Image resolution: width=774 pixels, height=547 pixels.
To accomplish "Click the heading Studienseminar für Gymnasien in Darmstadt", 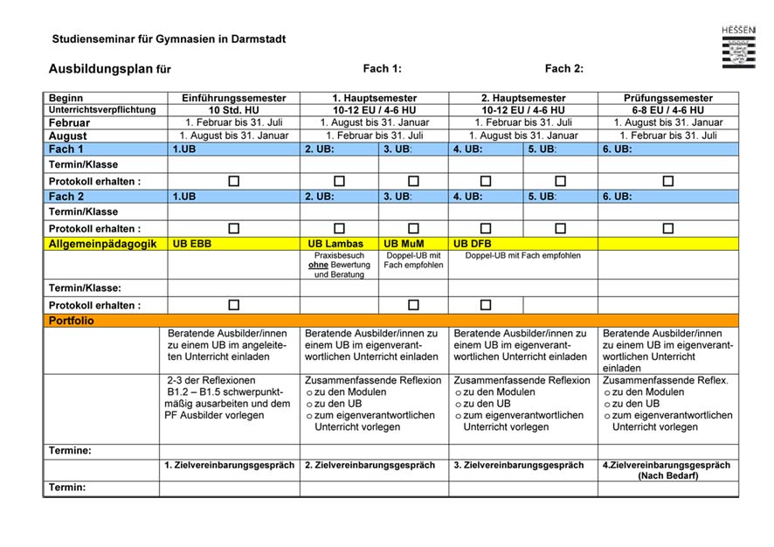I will tap(169, 39).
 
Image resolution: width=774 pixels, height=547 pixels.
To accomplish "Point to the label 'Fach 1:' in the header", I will tap(382, 69).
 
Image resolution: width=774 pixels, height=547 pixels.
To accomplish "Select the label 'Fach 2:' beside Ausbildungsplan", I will tap(564, 69).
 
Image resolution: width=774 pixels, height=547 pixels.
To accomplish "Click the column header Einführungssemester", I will tap(233, 98).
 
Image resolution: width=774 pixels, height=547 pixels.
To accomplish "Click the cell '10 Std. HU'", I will tap(233, 110).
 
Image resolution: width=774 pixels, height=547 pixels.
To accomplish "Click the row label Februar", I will tap(69, 123).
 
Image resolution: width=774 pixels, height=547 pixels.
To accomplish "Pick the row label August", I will tap(67, 136).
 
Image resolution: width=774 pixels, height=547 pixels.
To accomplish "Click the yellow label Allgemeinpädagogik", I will tap(102, 244).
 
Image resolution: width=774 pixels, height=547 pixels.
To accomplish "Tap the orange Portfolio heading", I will tap(72, 321).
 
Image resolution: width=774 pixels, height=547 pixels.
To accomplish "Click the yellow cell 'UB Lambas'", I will tap(337, 244).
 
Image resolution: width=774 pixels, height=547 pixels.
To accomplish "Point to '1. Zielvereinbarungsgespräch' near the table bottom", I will tap(230, 466).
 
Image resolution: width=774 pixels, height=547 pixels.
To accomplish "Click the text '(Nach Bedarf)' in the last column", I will tap(668, 476).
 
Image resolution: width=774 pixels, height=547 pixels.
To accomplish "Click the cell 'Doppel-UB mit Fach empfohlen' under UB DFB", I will tap(522, 255).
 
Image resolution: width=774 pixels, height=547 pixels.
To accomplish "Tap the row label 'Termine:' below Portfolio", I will tap(71, 451).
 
